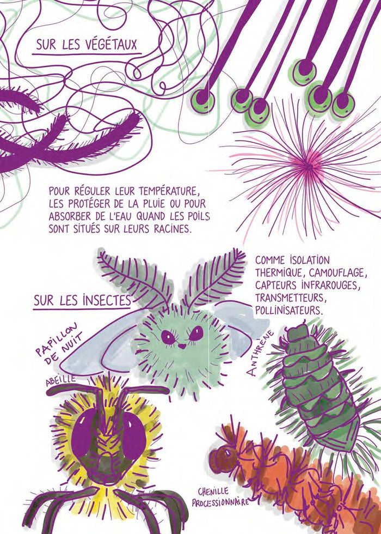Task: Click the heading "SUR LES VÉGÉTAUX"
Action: (87, 45)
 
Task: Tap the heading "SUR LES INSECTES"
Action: (82, 300)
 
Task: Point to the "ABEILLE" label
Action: (61, 380)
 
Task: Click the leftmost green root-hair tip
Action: (202, 99)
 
